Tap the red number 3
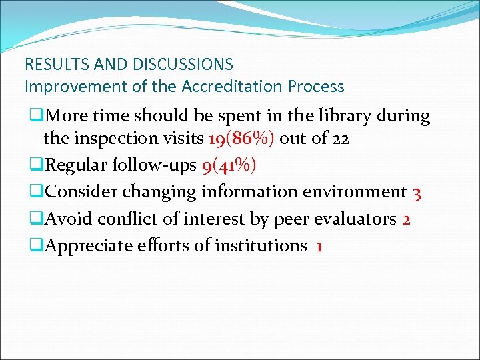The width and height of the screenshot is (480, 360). pos(417,193)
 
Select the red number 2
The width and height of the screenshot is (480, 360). pos(406,219)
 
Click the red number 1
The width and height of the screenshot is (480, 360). pos(319,246)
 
